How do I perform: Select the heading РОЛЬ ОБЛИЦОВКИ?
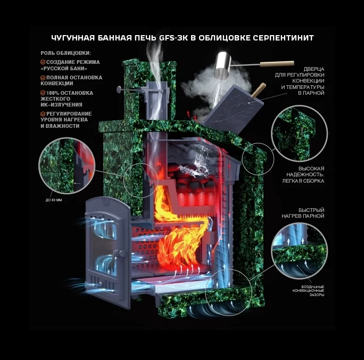65,53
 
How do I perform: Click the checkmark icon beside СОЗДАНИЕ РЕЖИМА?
43,62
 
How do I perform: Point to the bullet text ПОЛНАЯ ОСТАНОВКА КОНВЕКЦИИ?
71,80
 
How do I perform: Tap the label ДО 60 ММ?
54,201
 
